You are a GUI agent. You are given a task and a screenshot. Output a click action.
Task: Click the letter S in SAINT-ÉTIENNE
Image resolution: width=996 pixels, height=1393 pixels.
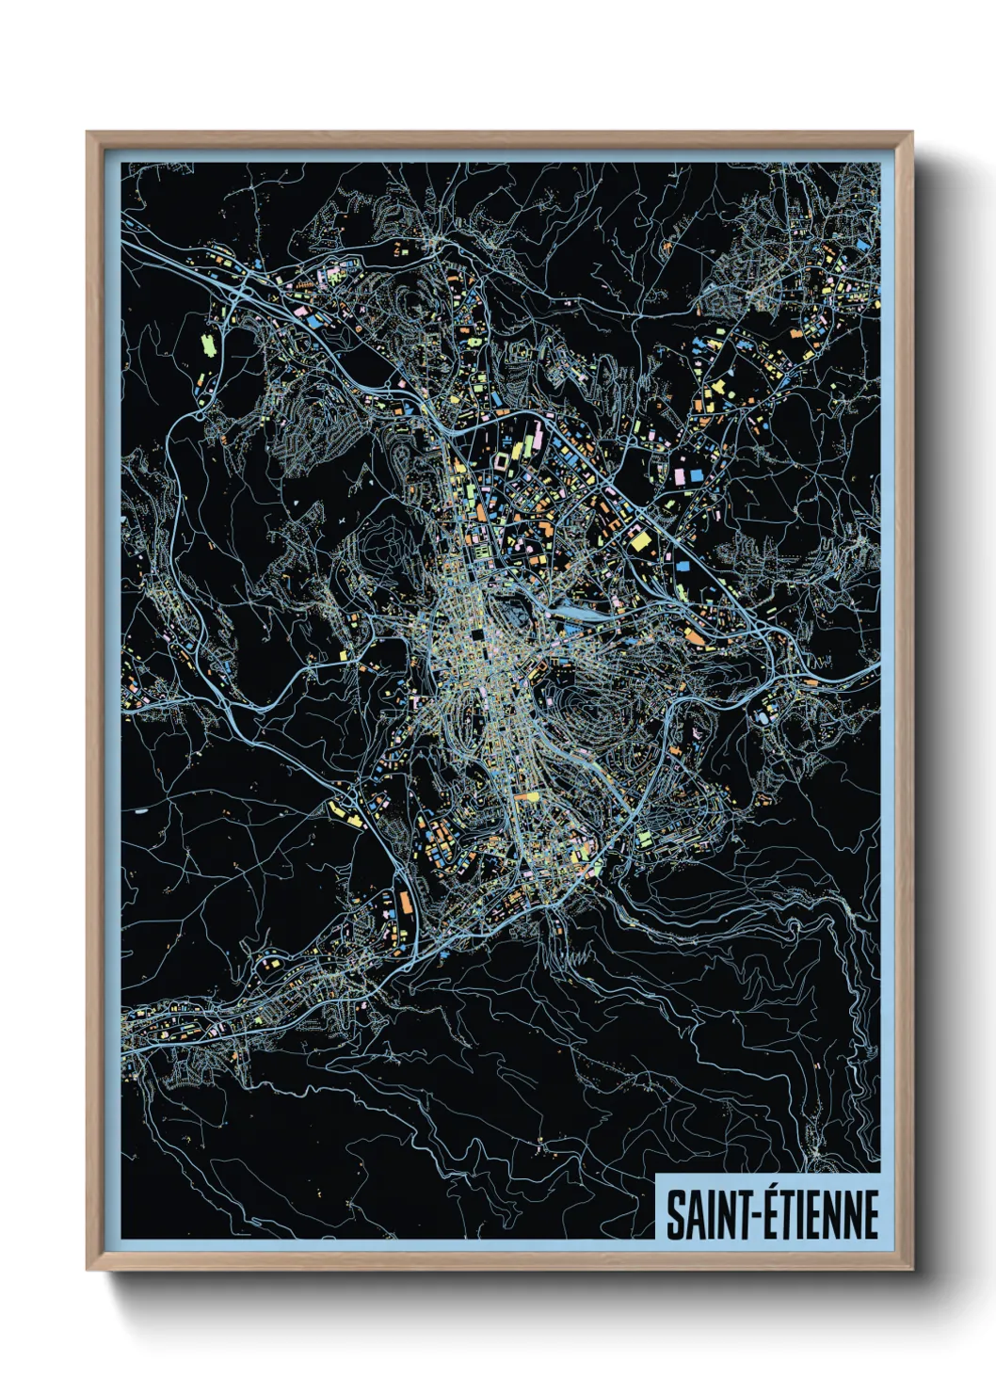675,1215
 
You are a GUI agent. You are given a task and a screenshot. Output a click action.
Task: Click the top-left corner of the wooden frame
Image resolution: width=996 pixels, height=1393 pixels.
88,133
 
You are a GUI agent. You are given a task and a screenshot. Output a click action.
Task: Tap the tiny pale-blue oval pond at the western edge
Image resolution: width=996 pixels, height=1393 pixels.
141,809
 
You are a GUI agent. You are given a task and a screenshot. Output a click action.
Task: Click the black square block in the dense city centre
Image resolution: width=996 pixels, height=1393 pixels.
476,635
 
